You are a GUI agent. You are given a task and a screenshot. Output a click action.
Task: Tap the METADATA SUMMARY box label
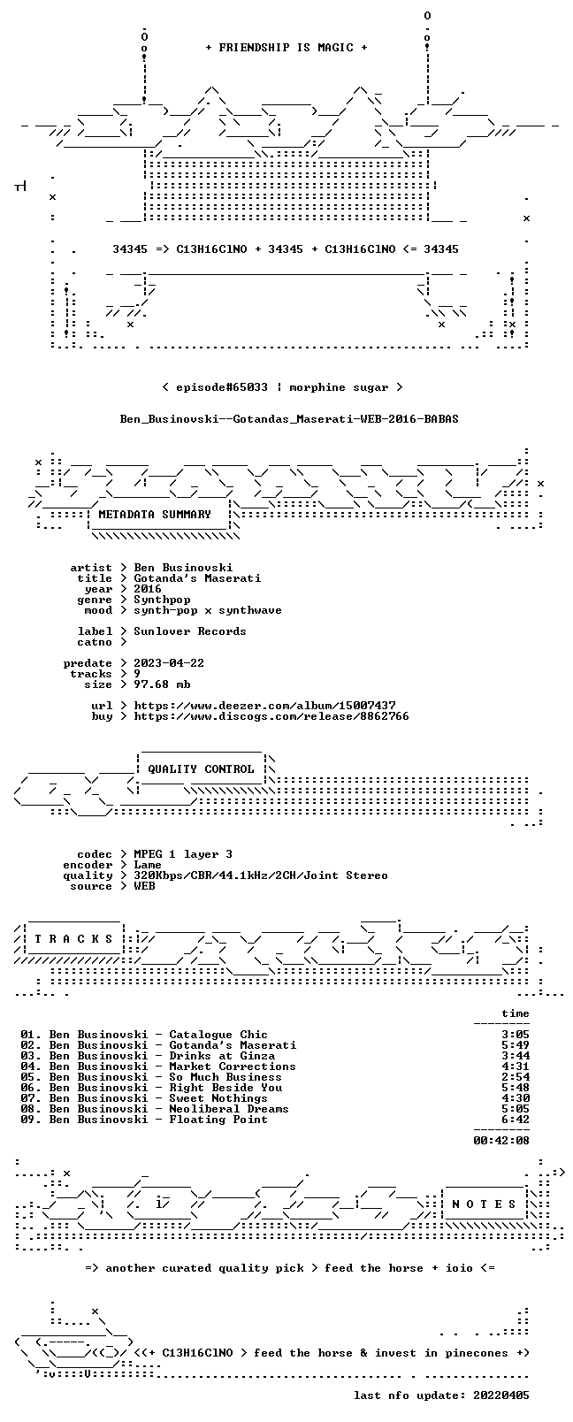tap(155, 514)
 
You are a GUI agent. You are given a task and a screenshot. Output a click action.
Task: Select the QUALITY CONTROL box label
tap(201, 768)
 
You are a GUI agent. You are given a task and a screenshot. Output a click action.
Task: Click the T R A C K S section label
tap(73, 939)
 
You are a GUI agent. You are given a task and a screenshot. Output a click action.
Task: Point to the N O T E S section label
tap(485, 1204)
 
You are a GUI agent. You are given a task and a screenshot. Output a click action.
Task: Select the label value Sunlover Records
tap(190, 631)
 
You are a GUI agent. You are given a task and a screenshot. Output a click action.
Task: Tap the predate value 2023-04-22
tap(169, 662)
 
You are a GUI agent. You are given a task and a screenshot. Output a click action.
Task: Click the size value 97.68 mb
tap(162, 684)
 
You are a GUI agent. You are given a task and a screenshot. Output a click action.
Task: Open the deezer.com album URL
tap(264, 706)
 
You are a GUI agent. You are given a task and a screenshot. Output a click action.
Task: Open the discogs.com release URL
tap(271, 716)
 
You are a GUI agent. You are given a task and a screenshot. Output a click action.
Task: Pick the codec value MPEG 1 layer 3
tap(183, 854)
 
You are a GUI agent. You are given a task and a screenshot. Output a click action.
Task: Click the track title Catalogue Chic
tap(218, 1035)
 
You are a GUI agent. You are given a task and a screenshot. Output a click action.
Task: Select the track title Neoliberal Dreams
tap(228, 1109)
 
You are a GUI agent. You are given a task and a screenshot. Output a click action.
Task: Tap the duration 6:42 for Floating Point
tap(516, 1120)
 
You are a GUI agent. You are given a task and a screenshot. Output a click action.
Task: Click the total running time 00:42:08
tap(501, 1141)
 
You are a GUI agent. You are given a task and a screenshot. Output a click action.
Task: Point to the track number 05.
tap(28, 1076)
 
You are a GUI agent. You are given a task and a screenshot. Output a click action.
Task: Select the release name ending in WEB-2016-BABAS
tap(289, 419)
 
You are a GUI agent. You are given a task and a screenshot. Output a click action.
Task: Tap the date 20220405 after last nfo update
tap(501, 1395)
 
